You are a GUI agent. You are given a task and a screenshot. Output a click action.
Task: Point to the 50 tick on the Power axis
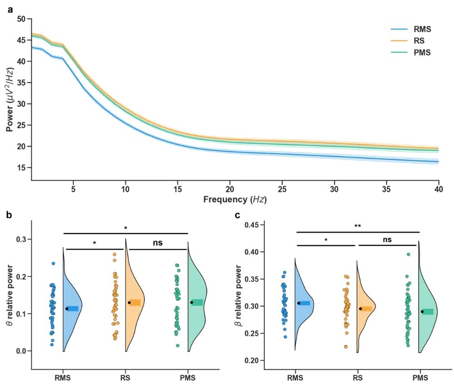[x=21, y=19]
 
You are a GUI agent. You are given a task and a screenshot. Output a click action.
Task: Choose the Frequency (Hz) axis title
[x=235, y=199]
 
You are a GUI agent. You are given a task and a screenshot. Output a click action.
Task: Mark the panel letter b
[x=8, y=215]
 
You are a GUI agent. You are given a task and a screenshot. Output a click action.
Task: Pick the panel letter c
[x=237, y=215]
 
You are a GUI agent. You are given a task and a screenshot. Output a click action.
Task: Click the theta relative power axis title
[x=8, y=295]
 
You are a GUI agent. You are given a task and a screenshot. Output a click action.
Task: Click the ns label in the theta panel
[x=157, y=243]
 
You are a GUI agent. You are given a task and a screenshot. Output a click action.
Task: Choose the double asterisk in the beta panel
[x=358, y=226]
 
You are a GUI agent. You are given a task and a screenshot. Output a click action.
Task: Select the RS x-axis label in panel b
[x=125, y=377]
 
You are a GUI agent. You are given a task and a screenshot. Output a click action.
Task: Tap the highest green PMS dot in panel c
[x=408, y=255]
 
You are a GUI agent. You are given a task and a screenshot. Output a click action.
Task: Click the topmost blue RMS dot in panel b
[x=53, y=263]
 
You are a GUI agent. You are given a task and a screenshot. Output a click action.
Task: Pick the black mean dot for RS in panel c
[x=360, y=309]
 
